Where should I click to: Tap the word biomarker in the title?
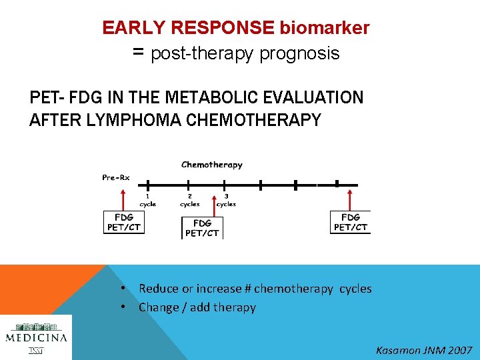[325, 28]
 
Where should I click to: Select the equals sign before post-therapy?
[139, 52]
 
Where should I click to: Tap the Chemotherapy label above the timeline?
[212, 165]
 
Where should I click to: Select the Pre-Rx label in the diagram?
[115, 177]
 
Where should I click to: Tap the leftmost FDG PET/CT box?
[124, 222]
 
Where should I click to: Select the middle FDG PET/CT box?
[202, 227]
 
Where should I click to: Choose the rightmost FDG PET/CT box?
[350, 222]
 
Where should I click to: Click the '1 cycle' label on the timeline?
[148, 201]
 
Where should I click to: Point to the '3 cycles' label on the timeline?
[226, 201]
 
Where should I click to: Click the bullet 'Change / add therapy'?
[197, 307]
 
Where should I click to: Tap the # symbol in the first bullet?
[247, 289]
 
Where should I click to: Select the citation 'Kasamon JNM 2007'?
[424, 350]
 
